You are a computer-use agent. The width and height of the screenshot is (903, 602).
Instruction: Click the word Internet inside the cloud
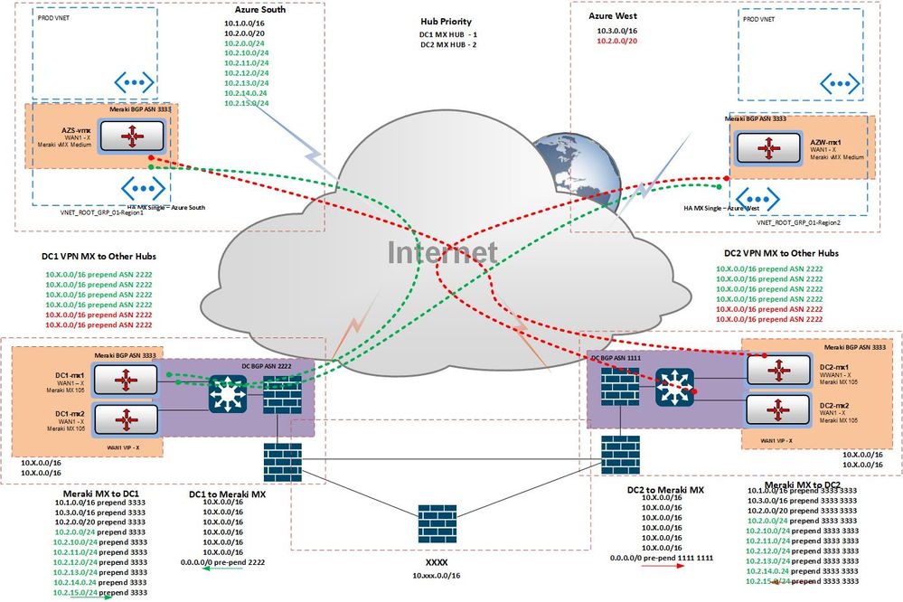tap(443, 252)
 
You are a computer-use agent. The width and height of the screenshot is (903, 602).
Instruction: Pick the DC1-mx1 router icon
tap(127, 380)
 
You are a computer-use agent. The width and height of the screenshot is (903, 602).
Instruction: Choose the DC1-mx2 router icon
tap(127, 419)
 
